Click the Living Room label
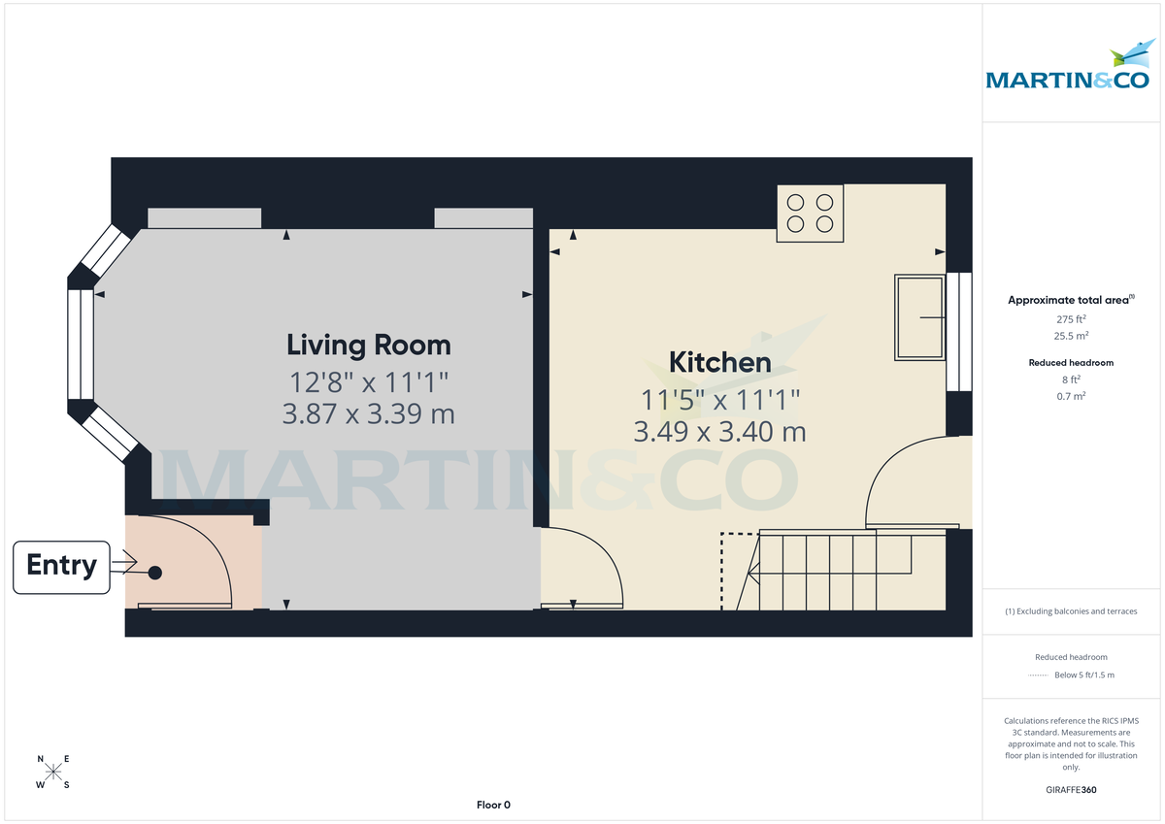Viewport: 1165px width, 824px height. point(368,345)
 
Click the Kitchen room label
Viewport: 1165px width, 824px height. point(719,363)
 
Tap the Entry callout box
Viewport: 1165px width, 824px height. point(61,567)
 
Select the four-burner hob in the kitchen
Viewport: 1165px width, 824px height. point(810,214)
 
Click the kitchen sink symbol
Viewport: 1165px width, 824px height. point(919,317)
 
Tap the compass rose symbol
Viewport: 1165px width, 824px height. point(53,773)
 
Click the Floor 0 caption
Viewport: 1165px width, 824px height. point(493,805)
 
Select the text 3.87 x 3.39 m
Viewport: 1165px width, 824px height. point(368,414)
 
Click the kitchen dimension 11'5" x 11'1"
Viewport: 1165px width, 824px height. point(719,398)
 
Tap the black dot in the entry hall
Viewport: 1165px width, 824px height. point(155,573)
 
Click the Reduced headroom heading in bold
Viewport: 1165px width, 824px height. point(1071,363)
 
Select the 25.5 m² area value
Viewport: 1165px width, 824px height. point(1071,336)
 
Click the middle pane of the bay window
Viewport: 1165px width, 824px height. point(80,345)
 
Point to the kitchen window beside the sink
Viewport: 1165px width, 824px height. point(959,331)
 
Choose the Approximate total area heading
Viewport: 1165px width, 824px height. point(1069,301)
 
